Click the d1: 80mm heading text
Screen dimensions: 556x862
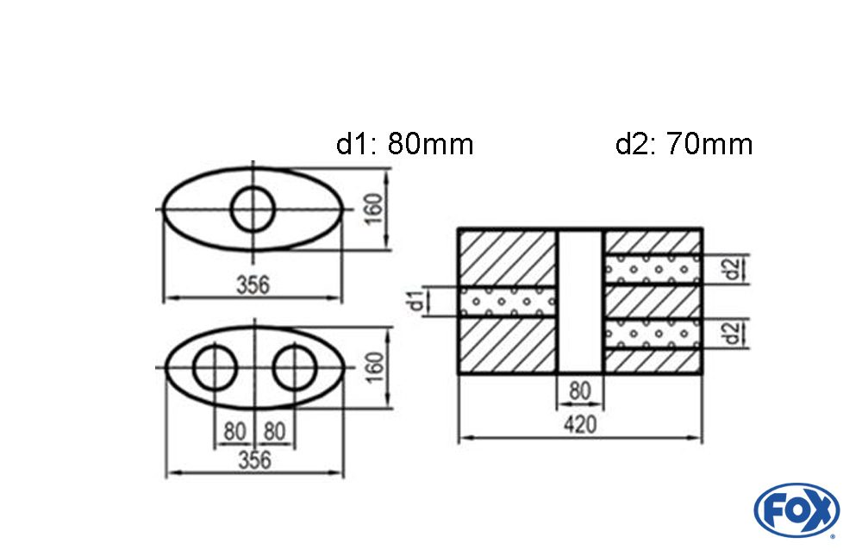(404, 144)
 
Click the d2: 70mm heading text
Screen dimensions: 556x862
(684, 144)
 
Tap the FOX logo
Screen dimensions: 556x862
(796, 510)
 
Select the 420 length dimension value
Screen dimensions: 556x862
(579, 424)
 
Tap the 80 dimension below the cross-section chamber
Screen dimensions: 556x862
(580, 391)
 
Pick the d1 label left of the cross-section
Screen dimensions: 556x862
(417, 302)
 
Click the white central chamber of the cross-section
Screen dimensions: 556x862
(580, 302)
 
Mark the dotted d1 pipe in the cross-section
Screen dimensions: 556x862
(509, 302)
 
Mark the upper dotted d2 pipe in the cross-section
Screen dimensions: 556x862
(653, 270)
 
